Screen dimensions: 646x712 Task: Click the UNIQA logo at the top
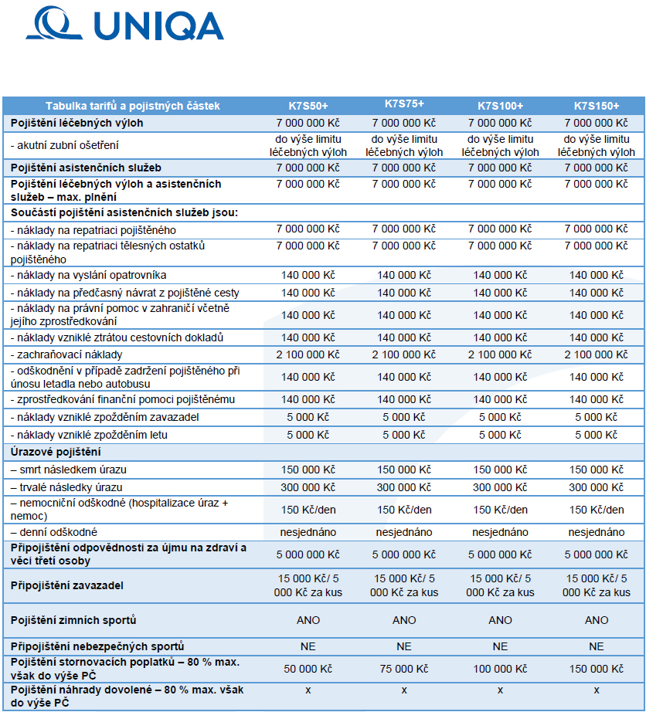point(125,23)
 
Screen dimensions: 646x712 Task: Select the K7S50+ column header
point(308,106)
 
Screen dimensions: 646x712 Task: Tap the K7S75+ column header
point(404,103)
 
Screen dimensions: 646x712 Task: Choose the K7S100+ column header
point(500,106)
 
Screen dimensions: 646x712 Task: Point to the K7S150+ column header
point(596,106)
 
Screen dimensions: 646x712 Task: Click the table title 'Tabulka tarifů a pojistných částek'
point(133,106)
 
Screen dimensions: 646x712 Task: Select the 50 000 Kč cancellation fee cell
point(308,669)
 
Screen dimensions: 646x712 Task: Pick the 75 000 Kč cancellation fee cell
point(404,669)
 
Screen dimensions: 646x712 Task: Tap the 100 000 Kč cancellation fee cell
point(500,669)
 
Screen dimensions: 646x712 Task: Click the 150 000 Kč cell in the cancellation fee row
point(596,669)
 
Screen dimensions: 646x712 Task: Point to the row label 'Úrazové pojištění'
point(56,452)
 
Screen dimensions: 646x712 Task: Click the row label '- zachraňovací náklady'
point(66,354)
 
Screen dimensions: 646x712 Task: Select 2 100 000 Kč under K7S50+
point(308,354)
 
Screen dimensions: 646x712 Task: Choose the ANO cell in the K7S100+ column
point(500,620)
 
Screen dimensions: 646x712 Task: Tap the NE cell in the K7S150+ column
point(596,646)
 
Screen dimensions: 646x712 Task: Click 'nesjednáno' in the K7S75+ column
point(404,532)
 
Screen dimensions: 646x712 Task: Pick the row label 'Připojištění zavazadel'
point(66,585)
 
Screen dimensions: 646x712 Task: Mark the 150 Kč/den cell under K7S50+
point(308,510)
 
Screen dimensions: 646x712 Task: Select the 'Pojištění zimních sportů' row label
point(73,620)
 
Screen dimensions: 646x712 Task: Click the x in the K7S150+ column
point(596,690)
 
